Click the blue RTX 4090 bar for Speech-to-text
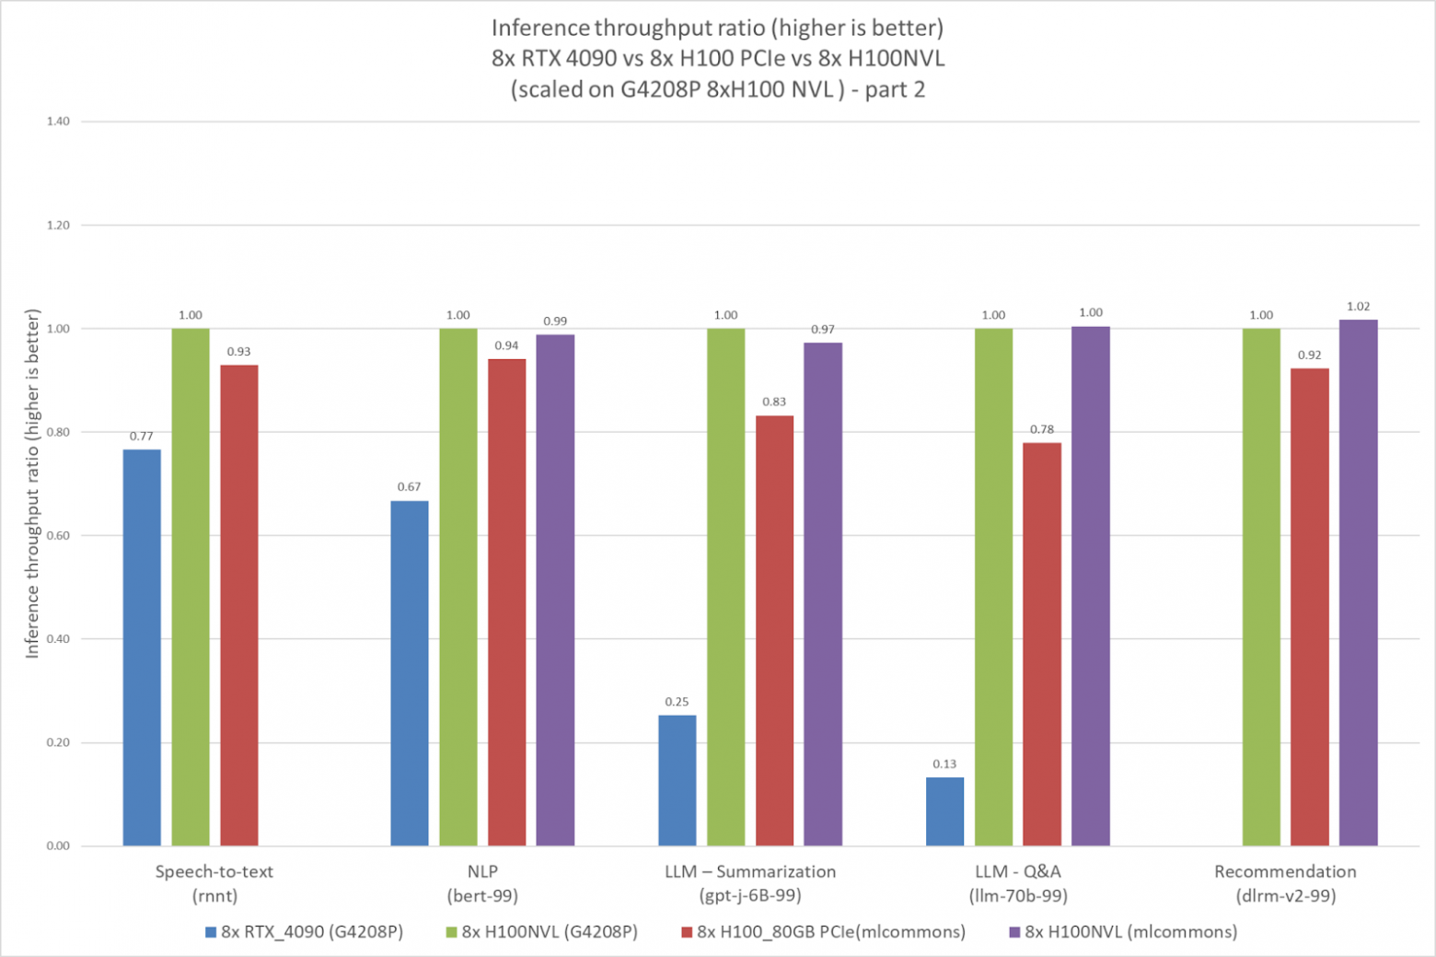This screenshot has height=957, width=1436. tap(142, 648)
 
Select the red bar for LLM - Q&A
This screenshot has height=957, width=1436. tap(1042, 644)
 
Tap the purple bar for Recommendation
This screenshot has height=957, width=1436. tap(1358, 582)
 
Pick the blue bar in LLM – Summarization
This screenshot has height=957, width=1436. tap(677, 780)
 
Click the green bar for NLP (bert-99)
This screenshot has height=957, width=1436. tap(458, 587)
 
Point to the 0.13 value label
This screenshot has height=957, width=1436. tap(944, 764)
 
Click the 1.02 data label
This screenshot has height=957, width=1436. tap(1358, 307)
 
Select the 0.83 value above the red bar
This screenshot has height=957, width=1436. tap(774, 402)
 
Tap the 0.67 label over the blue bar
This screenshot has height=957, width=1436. tap(409, 486)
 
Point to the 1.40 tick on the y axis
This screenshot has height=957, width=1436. tap(58, 122)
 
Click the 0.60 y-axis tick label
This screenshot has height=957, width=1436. tap(58, 535)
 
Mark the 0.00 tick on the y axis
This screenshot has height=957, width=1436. tap(58, 846)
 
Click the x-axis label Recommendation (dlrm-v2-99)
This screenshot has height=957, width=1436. tap(1285, 883)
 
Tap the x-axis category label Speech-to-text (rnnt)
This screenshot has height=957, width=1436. tap(214, 883)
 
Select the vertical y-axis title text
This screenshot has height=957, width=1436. tap(32, 484)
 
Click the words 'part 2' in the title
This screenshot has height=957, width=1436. tap(894, 89)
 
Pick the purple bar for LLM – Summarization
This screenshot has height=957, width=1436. tap(823, 594)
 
